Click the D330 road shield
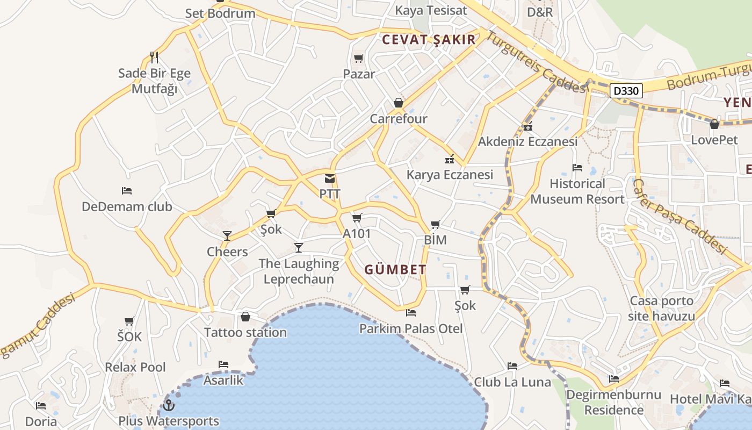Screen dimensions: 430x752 626,91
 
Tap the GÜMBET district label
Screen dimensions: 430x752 395,269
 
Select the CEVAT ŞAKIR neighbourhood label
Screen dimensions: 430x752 429,39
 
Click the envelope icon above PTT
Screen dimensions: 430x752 330,178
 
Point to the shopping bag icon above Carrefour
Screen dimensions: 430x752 399,102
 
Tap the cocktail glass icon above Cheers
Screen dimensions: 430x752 227,235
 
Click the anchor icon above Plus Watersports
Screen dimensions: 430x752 169,405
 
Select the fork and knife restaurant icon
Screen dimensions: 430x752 154,57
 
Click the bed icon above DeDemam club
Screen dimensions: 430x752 127,190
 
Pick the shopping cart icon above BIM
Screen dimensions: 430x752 435,224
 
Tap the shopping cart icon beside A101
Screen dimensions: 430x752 357,218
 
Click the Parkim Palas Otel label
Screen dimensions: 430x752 411,328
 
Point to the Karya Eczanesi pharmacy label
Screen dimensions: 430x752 450,174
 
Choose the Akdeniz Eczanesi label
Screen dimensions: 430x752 527,141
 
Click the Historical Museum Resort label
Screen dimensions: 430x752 577,191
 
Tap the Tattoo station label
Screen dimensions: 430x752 245,332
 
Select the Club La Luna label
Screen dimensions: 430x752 512,382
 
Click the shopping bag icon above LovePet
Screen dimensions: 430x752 714,125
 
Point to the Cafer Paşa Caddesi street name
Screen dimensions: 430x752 679,216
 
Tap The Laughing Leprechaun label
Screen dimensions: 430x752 299,271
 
